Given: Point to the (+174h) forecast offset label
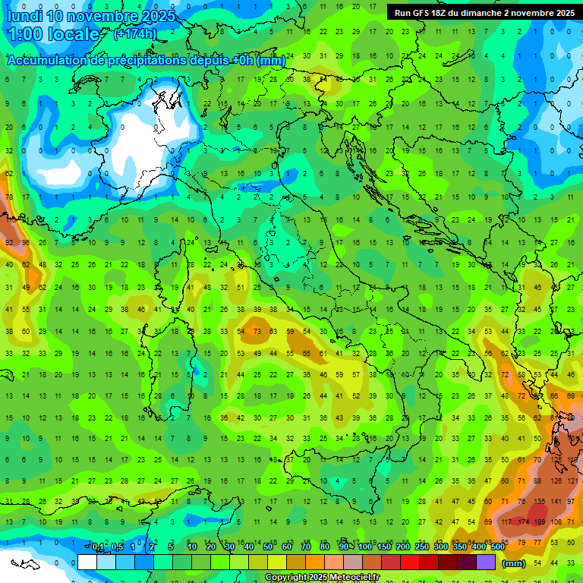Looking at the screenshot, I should (x=135, y=34).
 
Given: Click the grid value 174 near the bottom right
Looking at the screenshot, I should (x=523, y=522).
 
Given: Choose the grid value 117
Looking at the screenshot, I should (x=506, y=522).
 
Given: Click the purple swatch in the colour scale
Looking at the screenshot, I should (x=486, y=563).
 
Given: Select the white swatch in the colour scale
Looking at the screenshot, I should (x=87, y=563).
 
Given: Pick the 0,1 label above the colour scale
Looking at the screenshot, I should (x=98, y=547).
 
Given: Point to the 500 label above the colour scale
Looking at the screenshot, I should (x=497, y=547).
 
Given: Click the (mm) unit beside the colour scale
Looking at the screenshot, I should (x=514, y=563).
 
